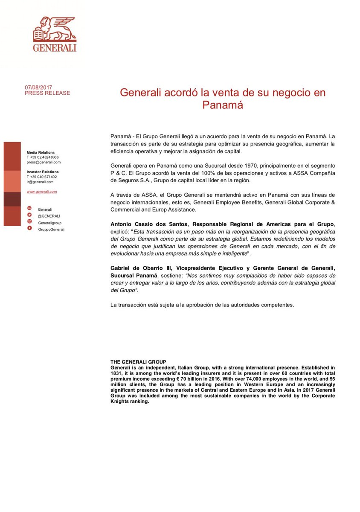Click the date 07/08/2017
click(38, 87)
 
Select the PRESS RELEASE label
click(47, 93)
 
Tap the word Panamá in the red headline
click(223, 105)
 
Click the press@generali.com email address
click(44, 162)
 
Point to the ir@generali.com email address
click(40, 182)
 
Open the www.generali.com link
click(42, 192)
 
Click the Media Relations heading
click(41, 152)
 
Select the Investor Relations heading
click(43, 172)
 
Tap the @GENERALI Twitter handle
click(49, 216)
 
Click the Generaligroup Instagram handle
click(49, 223)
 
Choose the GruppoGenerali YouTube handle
click(51, 229)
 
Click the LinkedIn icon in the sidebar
click(29, 209)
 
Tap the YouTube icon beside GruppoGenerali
click(29, 228)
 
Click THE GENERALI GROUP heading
click(138, 362)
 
